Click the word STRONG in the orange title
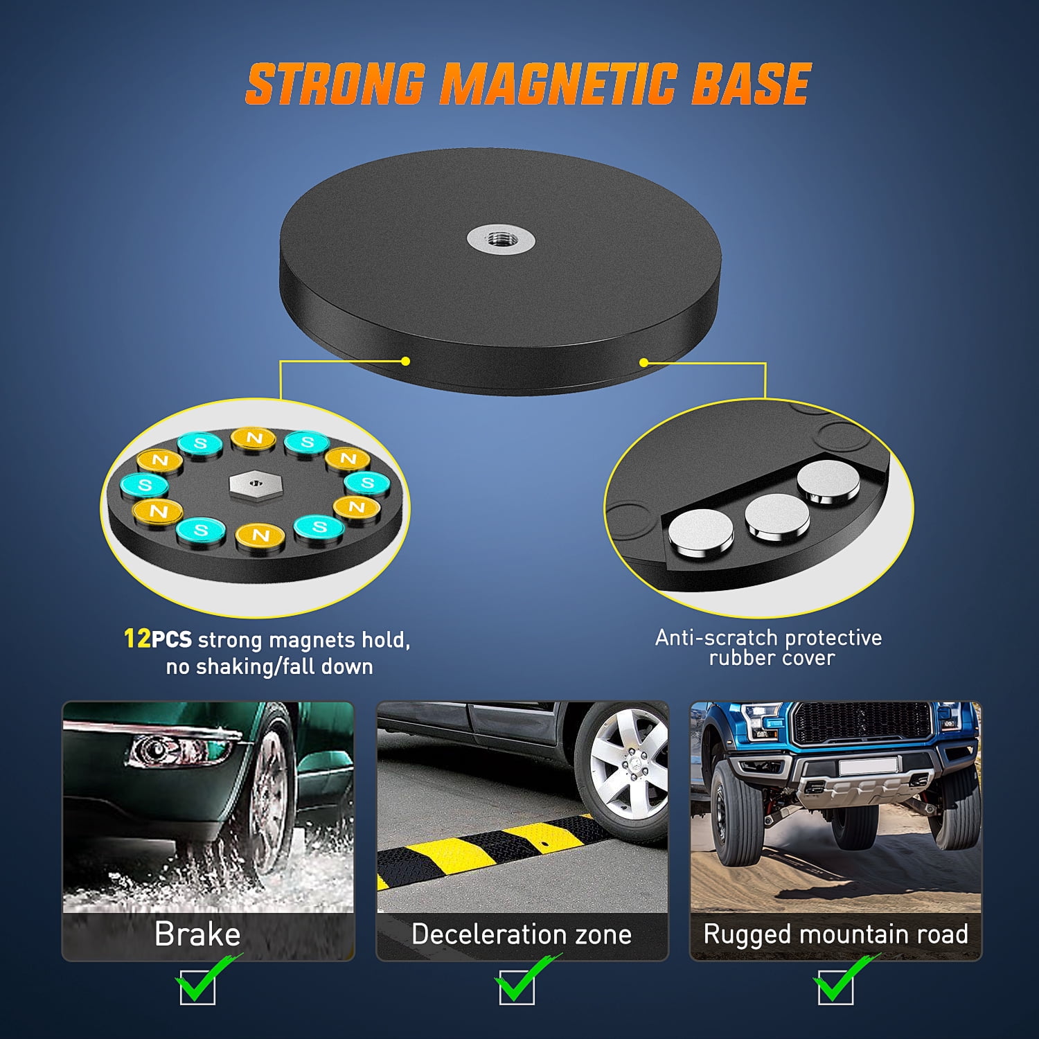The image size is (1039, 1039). click(x=335, y=85)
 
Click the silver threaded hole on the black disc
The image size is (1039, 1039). click(x=501, y=240)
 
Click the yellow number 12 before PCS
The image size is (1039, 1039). click(x=137, y=638)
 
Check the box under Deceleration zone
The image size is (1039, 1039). click(x=516, y=987)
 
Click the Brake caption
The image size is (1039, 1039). click(x=197, y=934)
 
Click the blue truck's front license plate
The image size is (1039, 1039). click(x=869, y=766)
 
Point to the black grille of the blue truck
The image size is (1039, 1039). click(x=862, y=725)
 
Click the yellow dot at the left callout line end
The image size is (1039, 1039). click(x=405, y=361)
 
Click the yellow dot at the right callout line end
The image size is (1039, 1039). click(x=643, y=362)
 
